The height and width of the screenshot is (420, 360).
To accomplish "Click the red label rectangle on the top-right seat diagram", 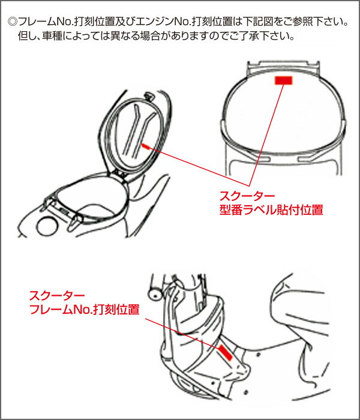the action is point(283,80).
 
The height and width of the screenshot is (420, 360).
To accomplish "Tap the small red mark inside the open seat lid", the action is point(145,146).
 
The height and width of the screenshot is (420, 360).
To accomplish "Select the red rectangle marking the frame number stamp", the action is point(225,353).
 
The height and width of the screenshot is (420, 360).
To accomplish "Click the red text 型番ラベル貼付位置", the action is point(271,210).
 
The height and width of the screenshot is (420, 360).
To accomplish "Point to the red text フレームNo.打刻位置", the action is point(85,310).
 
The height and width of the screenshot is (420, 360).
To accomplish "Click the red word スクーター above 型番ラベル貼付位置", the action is point(247,196).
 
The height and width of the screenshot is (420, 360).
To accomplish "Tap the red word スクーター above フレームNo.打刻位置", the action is point(57,296).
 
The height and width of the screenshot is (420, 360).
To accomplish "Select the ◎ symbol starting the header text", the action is point(13,22).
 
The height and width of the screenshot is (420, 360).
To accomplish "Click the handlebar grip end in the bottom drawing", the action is point(155,295).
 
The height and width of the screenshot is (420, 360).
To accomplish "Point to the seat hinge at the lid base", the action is point(119,174).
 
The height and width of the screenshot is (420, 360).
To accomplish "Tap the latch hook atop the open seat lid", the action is point(148,95).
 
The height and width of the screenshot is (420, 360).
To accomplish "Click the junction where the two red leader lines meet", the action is point(249,185).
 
